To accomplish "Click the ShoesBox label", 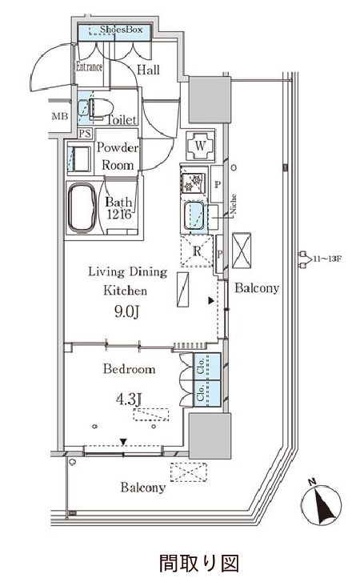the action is pyautogui.click(x=122, y=29).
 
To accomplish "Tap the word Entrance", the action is pyautogui.click(x=89, y=66).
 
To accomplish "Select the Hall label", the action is pyautogui.click(x=148, y=70).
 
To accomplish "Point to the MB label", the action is pyautogui.click(x=60, y=116).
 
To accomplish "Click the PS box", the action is pyautogui.click(x=85, y=133).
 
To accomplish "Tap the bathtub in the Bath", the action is pyautogui.click(x=82, y=208).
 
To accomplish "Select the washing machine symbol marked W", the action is pyautogui.click(x=200, y=146).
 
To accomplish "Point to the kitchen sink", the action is pyautogui.click(x=194, y=215).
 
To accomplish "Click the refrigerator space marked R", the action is pyautogui.click(x=197, y=251).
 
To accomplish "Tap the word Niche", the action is pyautogui.click(x=234, y=205).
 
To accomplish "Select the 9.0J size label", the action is pyautogui.click(x=126, y=312).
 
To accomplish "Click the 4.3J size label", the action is pyautogui.click(x=129, y=399).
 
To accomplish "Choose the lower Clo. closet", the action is pyautogui.click(x=207, y=393).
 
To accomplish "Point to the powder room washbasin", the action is pyautogui.click(x=78, y=159).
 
